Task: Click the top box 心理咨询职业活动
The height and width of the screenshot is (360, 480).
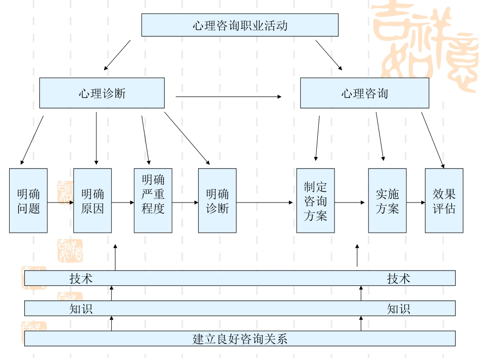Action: pyautogui.click(x=239, y=25)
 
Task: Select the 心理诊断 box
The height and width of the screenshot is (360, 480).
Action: pyautogui.click(x=102, y=93)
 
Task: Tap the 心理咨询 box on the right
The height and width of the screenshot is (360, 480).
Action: pyautogui.click(x=364, y=93)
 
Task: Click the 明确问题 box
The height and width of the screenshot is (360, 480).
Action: pyautogui.click(x=28, y=200)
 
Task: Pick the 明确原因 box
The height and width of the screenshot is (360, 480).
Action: pyautogui.click(x=92, y=200)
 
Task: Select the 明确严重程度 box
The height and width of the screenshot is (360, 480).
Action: pyautogui.click(x=153, y=200)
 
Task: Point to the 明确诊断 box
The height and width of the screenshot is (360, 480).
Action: pyautogui.click(x=217, y=200)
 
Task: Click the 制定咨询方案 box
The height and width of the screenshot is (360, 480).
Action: pyautogui.click(x=315, y=200)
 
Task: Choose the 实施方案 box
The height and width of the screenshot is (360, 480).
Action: pyautogui.click(x=387, y=200)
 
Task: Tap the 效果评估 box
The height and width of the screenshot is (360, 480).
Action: pyautogui.click(x=444, y=200)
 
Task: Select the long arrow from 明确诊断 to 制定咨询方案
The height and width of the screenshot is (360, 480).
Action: pyautogui.click(x=265, y=203)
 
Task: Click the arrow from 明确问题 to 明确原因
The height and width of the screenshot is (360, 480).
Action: pyautogui.click(x=60, y=203)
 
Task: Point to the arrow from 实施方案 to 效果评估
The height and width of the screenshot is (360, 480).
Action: pyautogui.click(x=416, y=203)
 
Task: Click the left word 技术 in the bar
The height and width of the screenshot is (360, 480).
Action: pyautogui.click(x=81, y=278)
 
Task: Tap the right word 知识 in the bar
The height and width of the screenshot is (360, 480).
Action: pyautogui.click(x=399, y=308)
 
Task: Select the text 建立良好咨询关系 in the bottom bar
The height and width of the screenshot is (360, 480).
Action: pyautogui.click(x=239, y=339)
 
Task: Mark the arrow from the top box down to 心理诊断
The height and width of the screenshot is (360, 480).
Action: pyautogui.click(x=117, y=55)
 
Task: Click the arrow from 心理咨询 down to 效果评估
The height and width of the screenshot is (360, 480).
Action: pyautogui.click(x=433, y=140)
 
